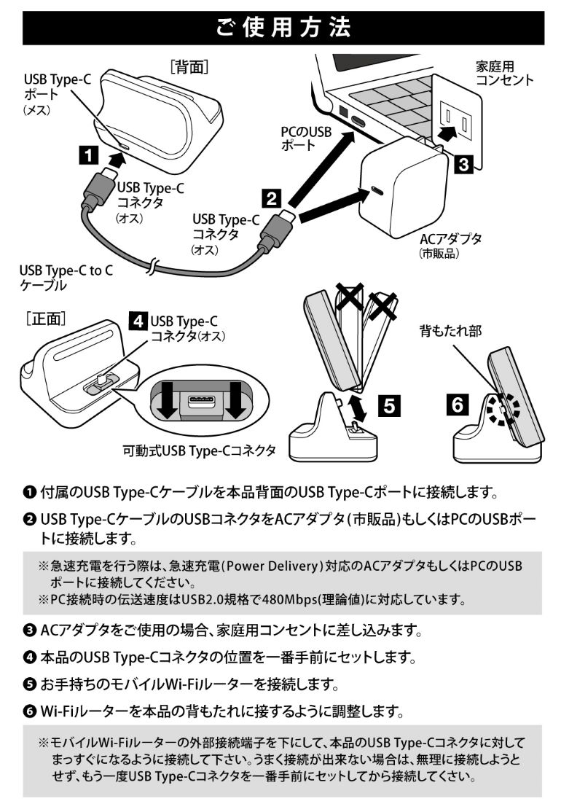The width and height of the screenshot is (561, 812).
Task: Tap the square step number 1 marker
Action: point(88,154)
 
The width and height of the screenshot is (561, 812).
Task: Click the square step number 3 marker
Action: point(461,164)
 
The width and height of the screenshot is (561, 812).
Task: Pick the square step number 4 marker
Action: point(136,321)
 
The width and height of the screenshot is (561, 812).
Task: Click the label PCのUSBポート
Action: point(306,138)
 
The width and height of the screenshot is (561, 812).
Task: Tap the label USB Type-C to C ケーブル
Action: point(66,278)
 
